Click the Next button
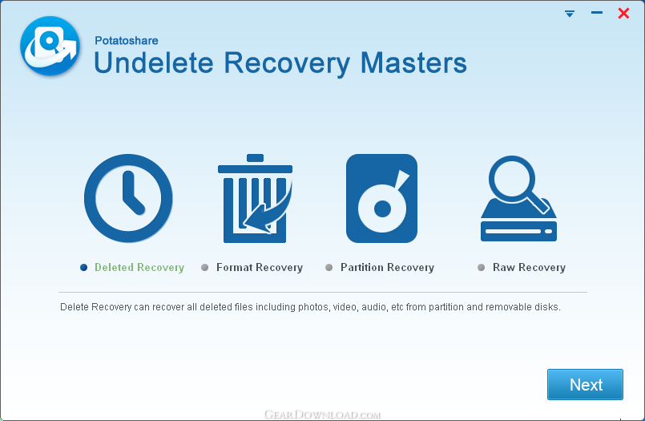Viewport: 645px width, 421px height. tap(585, 384)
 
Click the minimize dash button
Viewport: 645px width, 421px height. tap(596, 13)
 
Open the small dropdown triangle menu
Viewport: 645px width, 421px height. tap(570, 14)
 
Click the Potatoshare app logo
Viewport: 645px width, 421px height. tap(50, 46)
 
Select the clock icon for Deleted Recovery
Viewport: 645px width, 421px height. tap(128, 198)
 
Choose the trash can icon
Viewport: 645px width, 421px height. tap(255, 198)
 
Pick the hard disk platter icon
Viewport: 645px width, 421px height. tap(381, 198)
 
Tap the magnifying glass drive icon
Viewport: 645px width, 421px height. tap(518, 198)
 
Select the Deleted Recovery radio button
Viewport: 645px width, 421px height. tap(83, 268)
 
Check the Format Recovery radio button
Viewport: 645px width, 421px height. tap(204, 268)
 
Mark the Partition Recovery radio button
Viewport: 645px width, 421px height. tap(329, 268)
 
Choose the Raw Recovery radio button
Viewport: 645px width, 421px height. tap(481, 268)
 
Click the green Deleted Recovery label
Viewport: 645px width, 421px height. tap(139, 268)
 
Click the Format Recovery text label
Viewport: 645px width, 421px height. tap(260, 268)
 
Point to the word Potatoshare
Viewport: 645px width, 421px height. tap(127, 40)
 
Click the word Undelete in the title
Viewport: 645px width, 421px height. tap(154, 63)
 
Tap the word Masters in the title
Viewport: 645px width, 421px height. tap(413, 63)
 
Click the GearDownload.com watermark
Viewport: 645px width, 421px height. tap(322, 414)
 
